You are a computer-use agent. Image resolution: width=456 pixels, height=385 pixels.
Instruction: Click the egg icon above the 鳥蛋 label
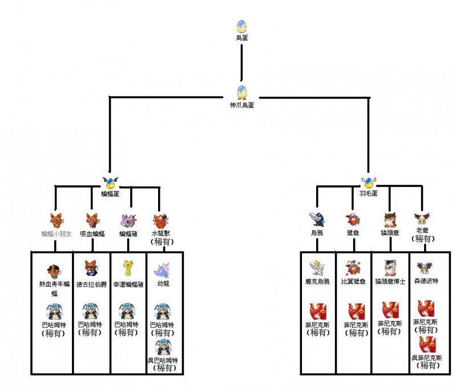(x=241, y=26)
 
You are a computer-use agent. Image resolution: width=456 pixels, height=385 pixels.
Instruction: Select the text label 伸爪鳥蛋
(x=241, y=105)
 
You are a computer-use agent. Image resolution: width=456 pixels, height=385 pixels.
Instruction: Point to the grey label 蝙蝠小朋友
(x=57, y=234)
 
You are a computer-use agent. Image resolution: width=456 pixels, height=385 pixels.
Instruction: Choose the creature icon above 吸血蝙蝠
(x=91, y=220)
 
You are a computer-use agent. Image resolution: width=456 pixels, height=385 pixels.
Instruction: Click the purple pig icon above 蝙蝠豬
(x=128, y=220)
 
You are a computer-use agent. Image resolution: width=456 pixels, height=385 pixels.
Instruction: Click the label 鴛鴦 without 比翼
(x=352, y=233)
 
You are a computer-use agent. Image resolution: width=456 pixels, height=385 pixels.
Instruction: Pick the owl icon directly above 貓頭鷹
(x=390, y=220)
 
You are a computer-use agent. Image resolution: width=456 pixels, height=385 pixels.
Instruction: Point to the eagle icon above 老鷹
(x=422, y=218)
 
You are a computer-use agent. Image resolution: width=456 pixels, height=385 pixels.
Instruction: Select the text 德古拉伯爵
(x=92, y=284)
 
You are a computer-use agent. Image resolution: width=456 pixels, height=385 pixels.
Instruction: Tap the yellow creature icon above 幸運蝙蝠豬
(x=127, y=267)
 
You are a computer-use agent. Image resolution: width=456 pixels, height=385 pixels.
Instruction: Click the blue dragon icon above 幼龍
(x=163, y=268)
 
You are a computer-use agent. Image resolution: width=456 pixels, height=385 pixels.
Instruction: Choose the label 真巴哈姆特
(x=163, y=361)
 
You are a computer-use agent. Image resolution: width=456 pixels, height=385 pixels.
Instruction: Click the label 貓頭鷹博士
(x=390, y=282)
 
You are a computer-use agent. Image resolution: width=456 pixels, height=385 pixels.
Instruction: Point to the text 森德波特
(x=426, y=282)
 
